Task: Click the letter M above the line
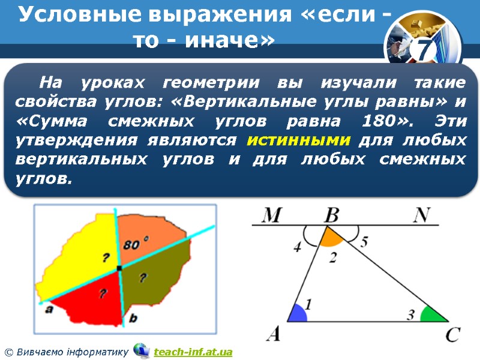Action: point(272,215)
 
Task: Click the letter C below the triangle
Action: point(453,334)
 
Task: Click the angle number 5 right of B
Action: point(364,242)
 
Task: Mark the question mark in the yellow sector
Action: point(106,257)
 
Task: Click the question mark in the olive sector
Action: point(143,277)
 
